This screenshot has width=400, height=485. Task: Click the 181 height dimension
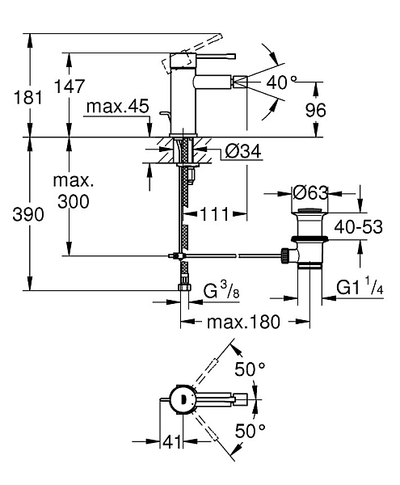[27, 98]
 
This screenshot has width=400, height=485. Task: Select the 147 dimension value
[69, 86]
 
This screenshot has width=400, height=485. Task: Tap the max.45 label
[118, 107]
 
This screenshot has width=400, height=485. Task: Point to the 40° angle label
[281, 82]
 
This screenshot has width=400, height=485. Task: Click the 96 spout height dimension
[316, 110]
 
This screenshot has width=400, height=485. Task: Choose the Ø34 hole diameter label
[243, 151]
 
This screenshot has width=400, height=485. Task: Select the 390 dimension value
[28, 214]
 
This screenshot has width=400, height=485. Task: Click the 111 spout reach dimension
[215, 213]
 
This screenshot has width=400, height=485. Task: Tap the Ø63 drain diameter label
[310, 193]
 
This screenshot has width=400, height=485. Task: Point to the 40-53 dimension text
[358, 226]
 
